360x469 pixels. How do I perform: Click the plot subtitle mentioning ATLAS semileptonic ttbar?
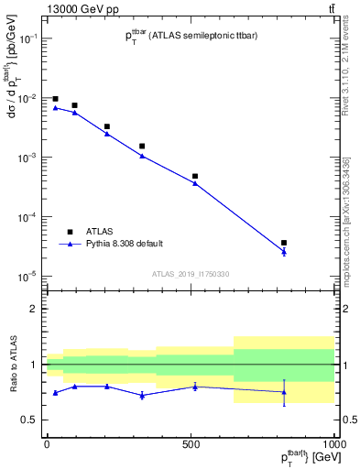191,37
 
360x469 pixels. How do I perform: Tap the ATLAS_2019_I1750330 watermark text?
190,273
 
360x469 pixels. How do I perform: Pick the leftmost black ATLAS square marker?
55,99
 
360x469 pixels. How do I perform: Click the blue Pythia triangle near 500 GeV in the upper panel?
195,183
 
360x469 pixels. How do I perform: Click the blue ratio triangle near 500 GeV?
195,387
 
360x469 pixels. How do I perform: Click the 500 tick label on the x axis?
191,443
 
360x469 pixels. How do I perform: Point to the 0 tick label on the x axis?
47,443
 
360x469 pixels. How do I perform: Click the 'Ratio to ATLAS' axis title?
12,364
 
